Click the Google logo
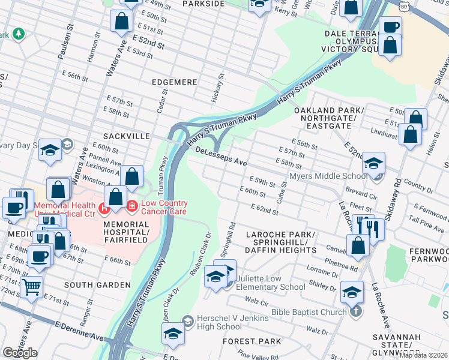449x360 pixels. (20, 353)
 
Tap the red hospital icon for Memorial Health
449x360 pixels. (104, 209)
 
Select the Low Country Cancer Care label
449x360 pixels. (163, 207)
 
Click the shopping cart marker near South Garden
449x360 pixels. (31, 287)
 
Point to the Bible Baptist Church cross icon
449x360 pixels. (356, 311)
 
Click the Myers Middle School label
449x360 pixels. (328, 176)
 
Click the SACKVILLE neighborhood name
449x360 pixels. (126, 136)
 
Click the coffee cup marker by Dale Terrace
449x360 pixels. (390, 27)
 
